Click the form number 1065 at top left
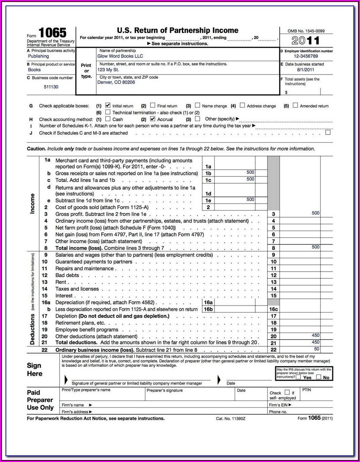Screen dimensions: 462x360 tap(52, 33)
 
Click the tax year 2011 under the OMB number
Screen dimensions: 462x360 tap(305, 41)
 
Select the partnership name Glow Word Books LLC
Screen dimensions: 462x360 tap(120, 56)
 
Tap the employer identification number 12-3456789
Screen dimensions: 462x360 tap(306, 56)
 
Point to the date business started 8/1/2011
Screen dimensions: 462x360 tap(305, 70)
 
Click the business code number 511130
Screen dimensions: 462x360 tap(51, 87)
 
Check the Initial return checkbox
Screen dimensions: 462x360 tap(108, 105)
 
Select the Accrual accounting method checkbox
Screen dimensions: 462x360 tap(152, 119)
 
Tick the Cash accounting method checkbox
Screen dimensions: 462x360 tap(108, 119)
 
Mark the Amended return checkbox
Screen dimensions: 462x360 tap(295, 105)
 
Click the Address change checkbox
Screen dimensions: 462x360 tap(242, 105)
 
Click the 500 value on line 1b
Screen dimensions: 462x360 tap(250, 172)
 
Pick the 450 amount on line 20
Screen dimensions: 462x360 tap(315, 335)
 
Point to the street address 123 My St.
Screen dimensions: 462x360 tap(108, 70)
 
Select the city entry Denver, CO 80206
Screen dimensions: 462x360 tap(116, 82)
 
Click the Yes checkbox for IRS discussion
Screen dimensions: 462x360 tap(298, 377)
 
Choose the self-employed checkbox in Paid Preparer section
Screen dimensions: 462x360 tap(287, 392)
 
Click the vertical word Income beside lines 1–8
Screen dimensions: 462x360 tap(33, 203)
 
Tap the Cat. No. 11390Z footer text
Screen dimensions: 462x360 tap(230, 419)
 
